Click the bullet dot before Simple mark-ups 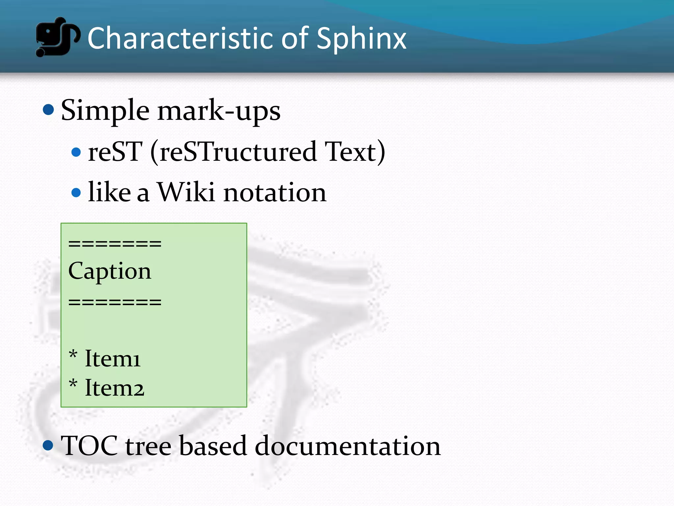[48, 110]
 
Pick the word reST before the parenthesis [115, 152]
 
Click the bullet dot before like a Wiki [76, 192]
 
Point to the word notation [275, 193]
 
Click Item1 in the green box [113, 358]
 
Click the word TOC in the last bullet [89, 446]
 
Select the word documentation [348, 446]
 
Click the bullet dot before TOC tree [48, 445]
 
